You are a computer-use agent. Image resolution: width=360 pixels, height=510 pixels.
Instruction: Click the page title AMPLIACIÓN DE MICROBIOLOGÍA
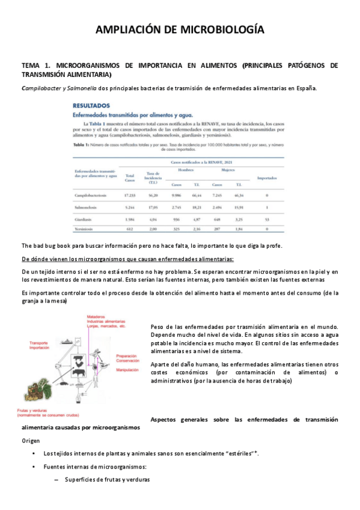pyautogui.click(x=180, y=30)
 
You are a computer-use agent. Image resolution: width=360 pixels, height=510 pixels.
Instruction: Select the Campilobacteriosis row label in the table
pyautogui.click(x=90, y=195)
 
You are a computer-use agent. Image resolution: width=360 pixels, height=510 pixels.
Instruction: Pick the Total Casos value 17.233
pyautogui.click(x=130, y=195)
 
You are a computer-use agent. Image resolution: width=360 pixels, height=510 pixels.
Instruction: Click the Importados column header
pyautogui.click(x=266, y=178)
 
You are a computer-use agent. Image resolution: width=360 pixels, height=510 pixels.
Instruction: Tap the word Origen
pyautogui.click(x=31, y=440)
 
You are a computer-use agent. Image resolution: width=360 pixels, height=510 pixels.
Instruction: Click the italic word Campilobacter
pyautogui.click(x=44, y=88)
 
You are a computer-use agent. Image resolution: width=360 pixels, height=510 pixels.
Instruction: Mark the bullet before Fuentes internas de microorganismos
pyautogui.click(x=37, y=467)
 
